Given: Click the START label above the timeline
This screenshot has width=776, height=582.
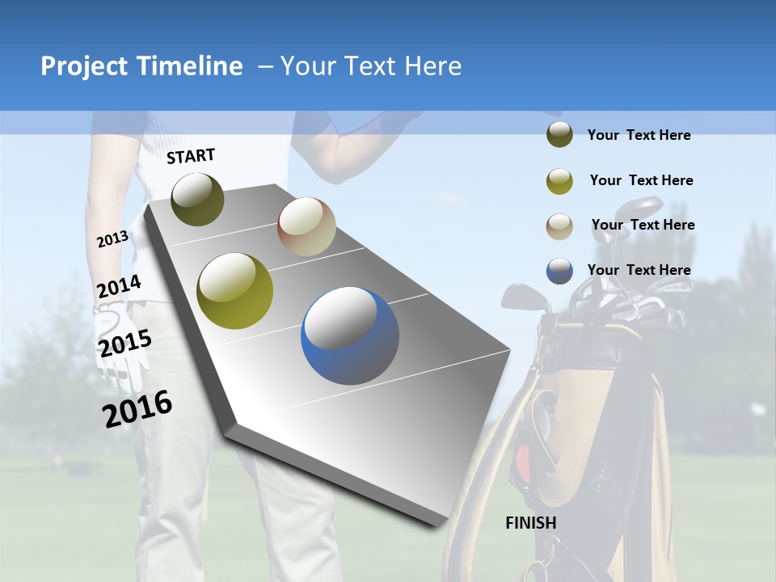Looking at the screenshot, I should tap(191, 155).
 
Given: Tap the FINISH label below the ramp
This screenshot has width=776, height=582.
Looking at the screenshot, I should tap(531, 523).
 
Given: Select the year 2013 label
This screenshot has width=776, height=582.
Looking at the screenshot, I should tap(112, 239).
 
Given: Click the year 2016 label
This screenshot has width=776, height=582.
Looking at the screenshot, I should tap(137, 409).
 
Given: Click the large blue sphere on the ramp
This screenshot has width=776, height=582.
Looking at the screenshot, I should tap(350, 335).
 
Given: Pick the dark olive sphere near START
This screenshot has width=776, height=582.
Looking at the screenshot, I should tap(197, 199).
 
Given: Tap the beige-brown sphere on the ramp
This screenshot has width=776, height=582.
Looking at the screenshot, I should tap(306, 227).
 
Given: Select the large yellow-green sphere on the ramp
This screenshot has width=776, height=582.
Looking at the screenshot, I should tap(235, 290).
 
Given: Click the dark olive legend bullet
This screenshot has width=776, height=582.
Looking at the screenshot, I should tap(559, 135).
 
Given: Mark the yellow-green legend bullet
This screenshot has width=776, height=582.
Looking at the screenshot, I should tap(559, 181).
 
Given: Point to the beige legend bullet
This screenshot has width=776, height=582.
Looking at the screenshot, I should tap(559, 226).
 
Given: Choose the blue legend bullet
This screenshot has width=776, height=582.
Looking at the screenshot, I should tap(559, 271).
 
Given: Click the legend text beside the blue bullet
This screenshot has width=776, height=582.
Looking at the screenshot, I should tap(639, 270).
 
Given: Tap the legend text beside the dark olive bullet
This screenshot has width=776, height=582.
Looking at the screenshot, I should tap(639, 135).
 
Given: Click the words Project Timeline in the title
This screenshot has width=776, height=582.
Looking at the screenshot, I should tap(141, 66).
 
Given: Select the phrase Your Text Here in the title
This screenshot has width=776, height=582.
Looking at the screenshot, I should tap(371, 66).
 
